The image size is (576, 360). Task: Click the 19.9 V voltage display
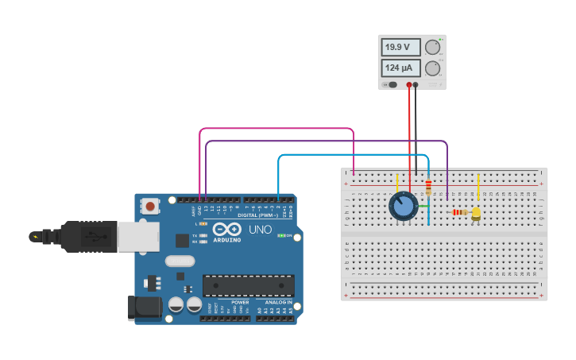[x=400, y=48]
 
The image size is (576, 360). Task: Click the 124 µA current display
[x=400, y=68]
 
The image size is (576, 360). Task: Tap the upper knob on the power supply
[x=432, y=48]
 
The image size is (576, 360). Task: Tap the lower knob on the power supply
[x=432, y=68]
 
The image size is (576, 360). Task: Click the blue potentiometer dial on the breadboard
[x=403, y=207]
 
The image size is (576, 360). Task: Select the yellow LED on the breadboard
[x=476, y=213]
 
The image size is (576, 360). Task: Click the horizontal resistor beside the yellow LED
[x=458, y=212]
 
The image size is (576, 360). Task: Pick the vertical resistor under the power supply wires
[x=428, y=188]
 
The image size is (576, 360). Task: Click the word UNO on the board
[x=261, y=230]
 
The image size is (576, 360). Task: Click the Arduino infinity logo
[x=226, y=229]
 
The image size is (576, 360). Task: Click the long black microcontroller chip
[x=248, y=285]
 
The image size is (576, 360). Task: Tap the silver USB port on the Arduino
[x=138, y=237]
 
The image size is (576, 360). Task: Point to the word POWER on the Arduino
[x=240, y=302]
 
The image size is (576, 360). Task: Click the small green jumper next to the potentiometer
[x=423, y=207]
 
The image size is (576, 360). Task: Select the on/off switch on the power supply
[x=391, y=84]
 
